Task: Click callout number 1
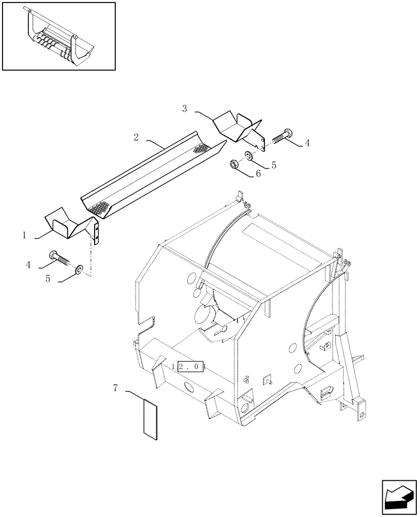24,235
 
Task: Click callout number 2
136,138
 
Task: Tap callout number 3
185,109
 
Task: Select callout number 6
258,175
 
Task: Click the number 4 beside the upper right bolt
307,144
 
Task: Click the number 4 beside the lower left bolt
28,265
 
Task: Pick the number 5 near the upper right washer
274,165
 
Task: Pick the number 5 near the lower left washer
48,278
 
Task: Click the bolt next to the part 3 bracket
280,136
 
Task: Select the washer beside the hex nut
249,155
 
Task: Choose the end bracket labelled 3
238,127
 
